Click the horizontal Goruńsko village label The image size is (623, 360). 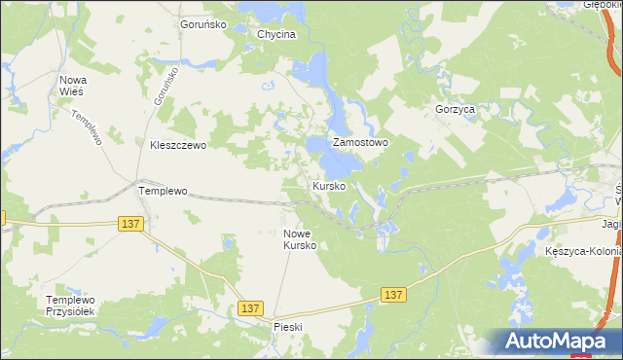(x=203, y=23)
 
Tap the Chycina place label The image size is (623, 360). (x=275, y=34)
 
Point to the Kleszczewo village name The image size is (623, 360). (x=178, y=145)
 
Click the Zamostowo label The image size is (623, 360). (x=361, y=142)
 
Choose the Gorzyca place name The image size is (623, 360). (x=456, y=110)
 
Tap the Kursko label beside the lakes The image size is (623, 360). (x=329, y=185)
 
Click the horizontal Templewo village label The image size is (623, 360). (x=163, y=192)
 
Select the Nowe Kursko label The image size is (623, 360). (x=300, y=239)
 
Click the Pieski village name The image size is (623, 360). (x=290, y=327)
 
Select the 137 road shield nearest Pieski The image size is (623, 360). (x=250, y=307)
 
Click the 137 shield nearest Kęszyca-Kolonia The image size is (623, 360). (x=392, y=294)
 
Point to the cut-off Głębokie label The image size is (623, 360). (x=603, y=5)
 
